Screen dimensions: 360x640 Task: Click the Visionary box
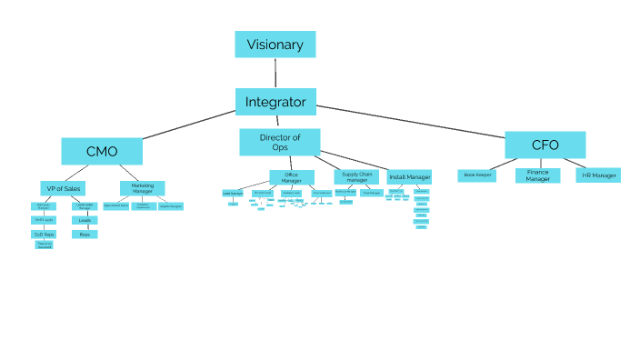275,45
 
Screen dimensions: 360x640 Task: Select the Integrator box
275,102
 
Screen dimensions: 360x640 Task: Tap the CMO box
102,151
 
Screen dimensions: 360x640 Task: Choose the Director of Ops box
279,142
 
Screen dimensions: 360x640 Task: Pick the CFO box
545,145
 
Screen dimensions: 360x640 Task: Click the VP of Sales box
63,188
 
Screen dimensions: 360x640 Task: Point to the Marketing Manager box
142,188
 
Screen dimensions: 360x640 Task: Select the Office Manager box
291,177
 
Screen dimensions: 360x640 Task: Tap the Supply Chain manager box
357,176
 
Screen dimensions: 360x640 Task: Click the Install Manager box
409,176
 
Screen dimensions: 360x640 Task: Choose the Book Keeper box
477,175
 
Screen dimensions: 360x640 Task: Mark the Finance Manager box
537,175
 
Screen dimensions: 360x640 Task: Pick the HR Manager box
598,175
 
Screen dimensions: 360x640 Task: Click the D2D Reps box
44,234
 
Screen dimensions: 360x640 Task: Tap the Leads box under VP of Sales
85,220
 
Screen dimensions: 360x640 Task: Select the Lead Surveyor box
233,194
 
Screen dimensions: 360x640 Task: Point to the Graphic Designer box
171,207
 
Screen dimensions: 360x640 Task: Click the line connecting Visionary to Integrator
275,73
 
